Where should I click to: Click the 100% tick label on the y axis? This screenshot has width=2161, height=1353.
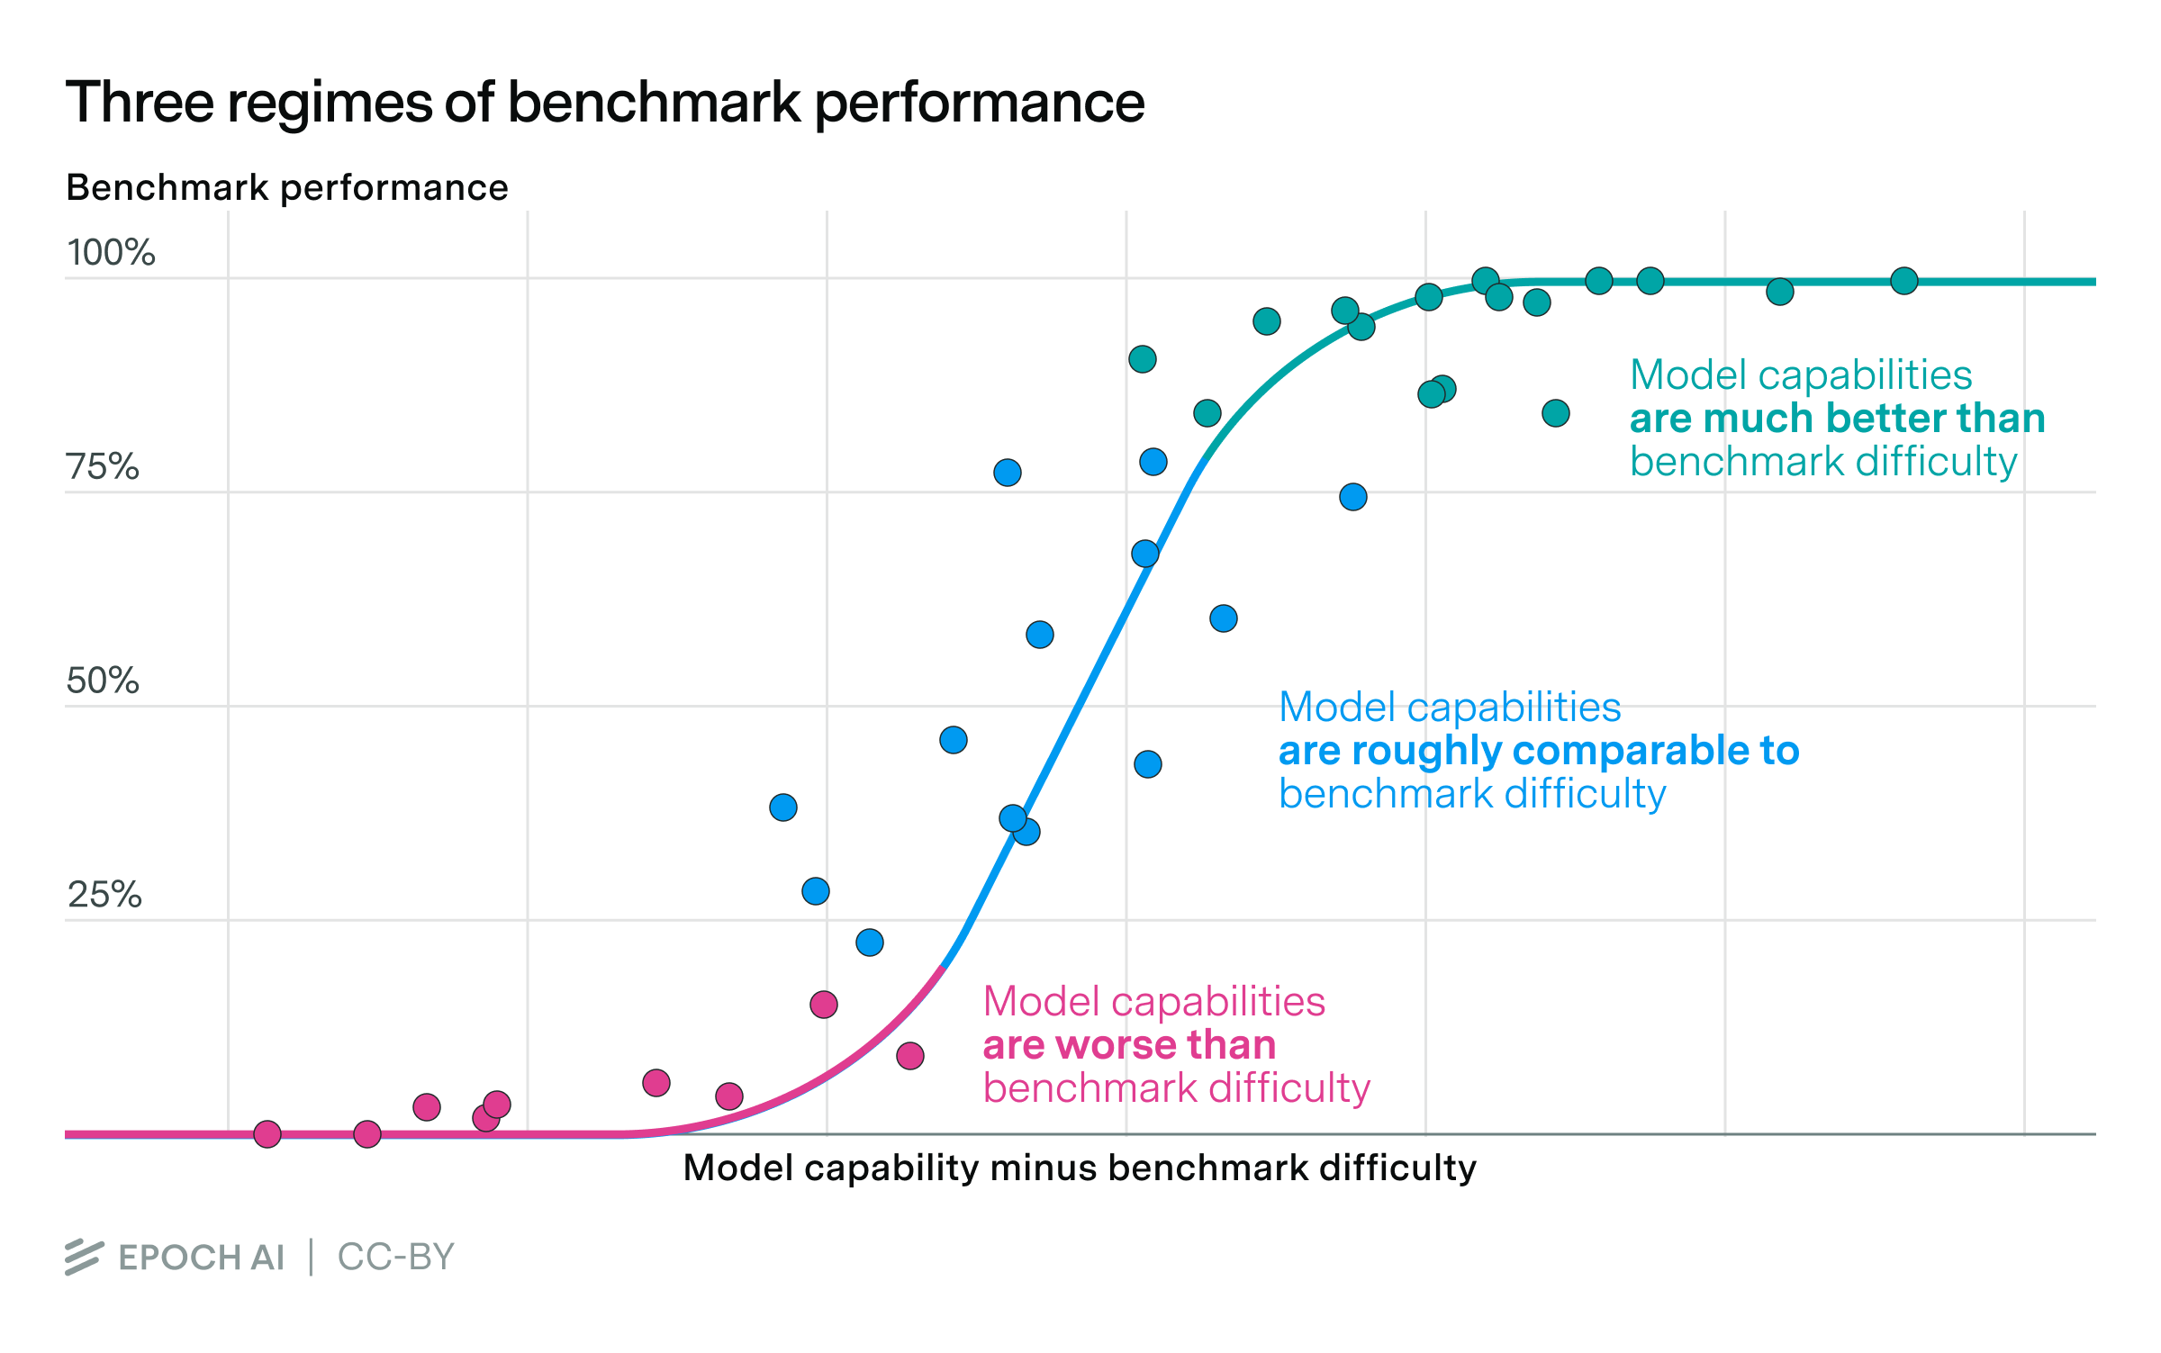click(x=111, y=253)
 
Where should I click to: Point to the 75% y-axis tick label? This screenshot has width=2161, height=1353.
click(x=103, y=467)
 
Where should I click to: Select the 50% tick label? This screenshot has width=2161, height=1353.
click(x=103, y=681)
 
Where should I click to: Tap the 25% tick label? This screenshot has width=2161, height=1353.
click(x=104, y=895)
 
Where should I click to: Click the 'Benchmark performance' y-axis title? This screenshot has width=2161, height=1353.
click(x=287, y=188)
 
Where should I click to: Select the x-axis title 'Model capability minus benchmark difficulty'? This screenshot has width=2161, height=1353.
click(x=1080, y=1168)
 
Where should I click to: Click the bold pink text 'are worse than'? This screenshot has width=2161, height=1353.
click(x=1129, y=1045)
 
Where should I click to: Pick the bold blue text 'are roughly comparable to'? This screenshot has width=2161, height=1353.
click(x=1538, y=751)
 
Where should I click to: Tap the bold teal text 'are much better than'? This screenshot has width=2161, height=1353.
click(x=1837, y=419)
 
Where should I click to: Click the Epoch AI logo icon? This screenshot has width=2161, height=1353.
click(x=84, y=1257)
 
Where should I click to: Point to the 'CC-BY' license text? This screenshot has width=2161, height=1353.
click(x=396, y=1257)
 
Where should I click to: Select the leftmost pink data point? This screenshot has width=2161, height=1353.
click(x=267, y=1134)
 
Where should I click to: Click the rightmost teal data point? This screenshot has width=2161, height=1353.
click(x=1903, y=281)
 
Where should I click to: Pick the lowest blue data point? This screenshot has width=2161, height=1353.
click(x=870, y=943)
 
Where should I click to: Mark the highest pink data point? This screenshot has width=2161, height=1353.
click(x=824, y=1005)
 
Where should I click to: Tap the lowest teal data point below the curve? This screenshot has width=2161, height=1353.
click(x=1556, y=413)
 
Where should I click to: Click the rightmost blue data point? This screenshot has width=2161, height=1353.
click(x=1353, y=497)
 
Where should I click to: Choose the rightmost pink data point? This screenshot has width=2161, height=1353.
click(x=910, y=1056)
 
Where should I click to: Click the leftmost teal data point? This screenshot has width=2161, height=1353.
click(x=1143, y=359)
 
